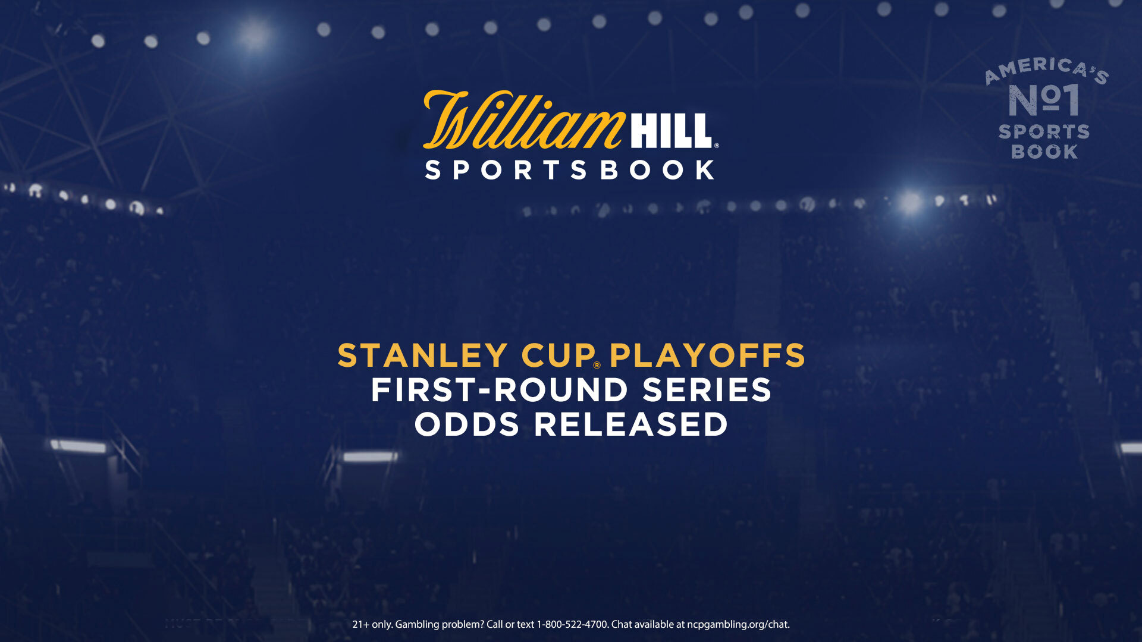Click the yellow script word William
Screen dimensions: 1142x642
click(x=523, y=119)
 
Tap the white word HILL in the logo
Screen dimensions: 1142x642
click(x=671, y=131)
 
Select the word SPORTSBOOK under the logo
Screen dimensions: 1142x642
click(x=570, y=170)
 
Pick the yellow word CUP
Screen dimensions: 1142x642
click(x=558, y=355)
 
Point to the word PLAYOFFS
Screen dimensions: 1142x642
click(x=707, y=355)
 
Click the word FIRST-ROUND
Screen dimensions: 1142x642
click(x=500, y=390)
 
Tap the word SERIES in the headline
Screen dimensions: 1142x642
click(x=707, y=390)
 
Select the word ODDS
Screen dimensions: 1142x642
click(x=467, y=424)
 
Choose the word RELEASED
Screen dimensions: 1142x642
click(x=631, y=424)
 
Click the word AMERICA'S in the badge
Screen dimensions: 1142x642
click(x=1047, y=70)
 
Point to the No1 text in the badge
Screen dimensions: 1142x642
click(x=1044, y=100)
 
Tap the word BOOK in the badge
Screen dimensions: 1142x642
click(x=1044, y=152)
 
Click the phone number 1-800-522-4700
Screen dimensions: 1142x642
click(x=572, y=624)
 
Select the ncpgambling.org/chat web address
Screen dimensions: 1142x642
click(x=738, y=625)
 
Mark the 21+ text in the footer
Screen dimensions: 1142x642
click(x=361, y=624)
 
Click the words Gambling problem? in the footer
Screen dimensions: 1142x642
click(x=440, y=625)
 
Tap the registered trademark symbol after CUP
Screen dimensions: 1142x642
click(x=597, y=365)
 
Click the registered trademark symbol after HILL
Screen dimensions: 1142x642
click(x=716, y=145)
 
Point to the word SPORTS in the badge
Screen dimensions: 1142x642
click(x=1044, y=131)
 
